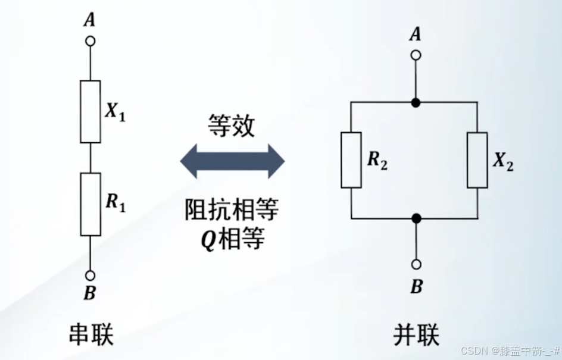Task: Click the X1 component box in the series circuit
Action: pyautogui.click(x=90, y=111)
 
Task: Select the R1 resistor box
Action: pyautogui.click(x=90, y=204)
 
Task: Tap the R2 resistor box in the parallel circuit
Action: pyautogui.click(x=351, y=160)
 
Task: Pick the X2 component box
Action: pyautogui.click(x=478, y=160)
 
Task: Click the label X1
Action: pyautogui.click(x=115, y=112)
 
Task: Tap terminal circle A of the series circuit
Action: pyautogui.click(x=90, y=41)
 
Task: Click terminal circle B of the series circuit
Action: pyautogui.click(x=90, y=276)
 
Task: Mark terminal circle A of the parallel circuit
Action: pyautogui.click(x=416, y=55)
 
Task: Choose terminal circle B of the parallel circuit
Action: pyautogui.click(x=416, y=264)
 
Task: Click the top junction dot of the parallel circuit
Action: pyautogui.click(x=416, y=102)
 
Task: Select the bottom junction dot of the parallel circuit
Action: pyautogui.click(x=416, y=218)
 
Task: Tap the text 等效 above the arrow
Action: pyautogui.click(x=232, y=126)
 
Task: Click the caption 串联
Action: pyautogui.click(x=90, y=334)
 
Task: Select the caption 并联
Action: pyautogui.click(x=416, y=334)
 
